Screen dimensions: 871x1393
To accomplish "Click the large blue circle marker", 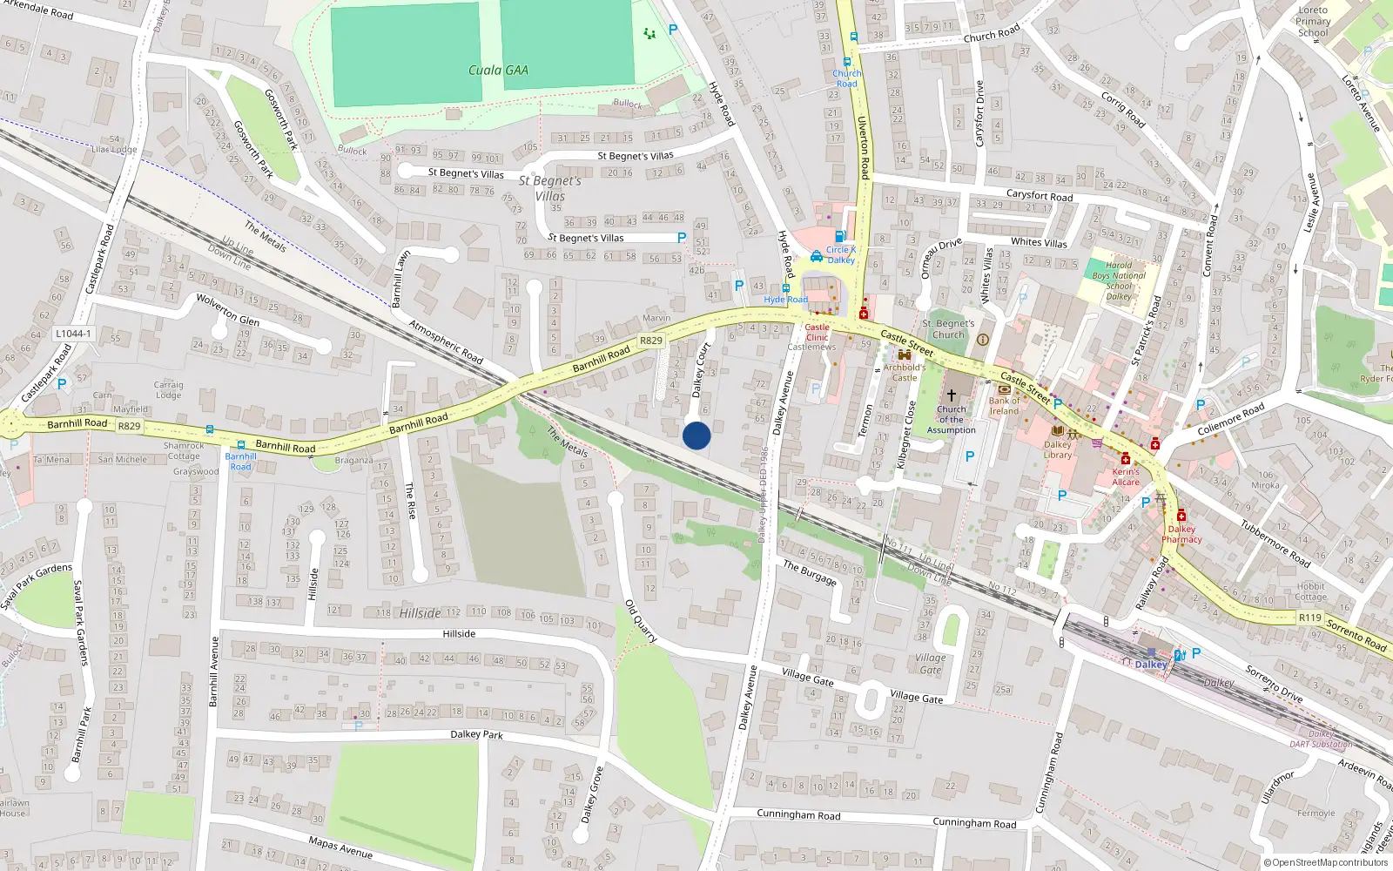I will click(696, 435).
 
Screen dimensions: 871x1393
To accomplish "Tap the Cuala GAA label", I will click(498, 71).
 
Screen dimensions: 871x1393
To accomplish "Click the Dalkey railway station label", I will click(1150, 665).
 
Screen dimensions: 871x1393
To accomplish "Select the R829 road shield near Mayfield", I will click(129, 426).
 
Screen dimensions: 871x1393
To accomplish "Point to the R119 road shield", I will click(1309, 618).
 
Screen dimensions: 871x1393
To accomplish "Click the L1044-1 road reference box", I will click(72, 334).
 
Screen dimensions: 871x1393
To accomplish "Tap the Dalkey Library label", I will click(1058, 449).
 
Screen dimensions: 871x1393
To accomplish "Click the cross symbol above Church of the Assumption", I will click(951, 395).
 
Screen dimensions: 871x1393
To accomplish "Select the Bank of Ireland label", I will click(1004, 406).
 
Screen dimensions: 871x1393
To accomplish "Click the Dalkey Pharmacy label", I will click(1181, 534).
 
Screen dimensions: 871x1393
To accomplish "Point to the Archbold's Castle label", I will click(905, 373).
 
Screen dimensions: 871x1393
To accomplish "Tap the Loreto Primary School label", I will click(1313, 22).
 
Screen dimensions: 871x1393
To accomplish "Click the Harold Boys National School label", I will click(1119, 280).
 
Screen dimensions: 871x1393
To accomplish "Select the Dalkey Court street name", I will click(701, 370).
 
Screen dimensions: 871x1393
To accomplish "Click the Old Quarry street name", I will click(642, 621).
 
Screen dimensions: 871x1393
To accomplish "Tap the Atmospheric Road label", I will click(446, 342).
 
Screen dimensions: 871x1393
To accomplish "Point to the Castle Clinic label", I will click(817, 332).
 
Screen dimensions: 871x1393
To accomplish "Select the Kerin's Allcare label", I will click(1126, 476).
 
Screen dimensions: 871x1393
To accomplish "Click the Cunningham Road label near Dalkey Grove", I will click(798, 815).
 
